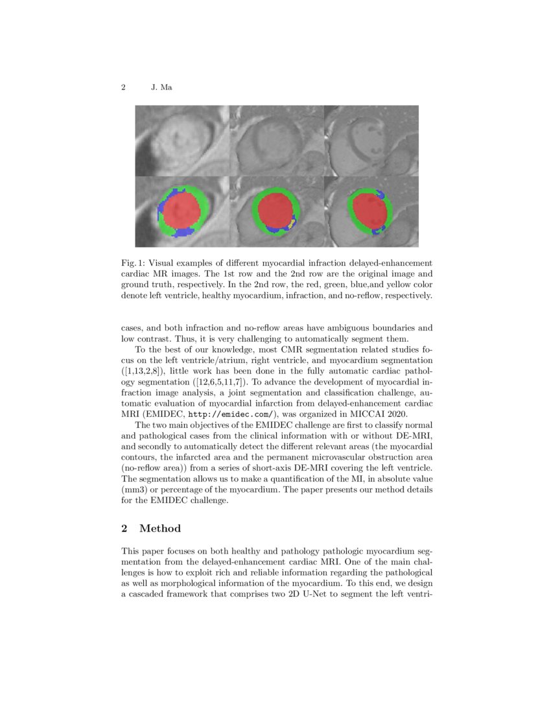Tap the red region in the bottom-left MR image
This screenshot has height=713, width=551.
pyautogui.click(x=183, y=211)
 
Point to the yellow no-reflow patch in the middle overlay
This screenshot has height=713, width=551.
pyautogui.click(x=292, y=223)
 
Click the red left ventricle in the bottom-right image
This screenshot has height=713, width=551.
pyautogui.click(x=369, y=209)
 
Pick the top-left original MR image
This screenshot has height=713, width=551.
pyautogui.click(x=182, y=141)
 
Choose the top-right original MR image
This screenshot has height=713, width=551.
pyautogui.click(x=371, y=141)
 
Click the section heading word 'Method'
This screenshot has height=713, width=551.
pyautogui.click(x=160, y=529)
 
